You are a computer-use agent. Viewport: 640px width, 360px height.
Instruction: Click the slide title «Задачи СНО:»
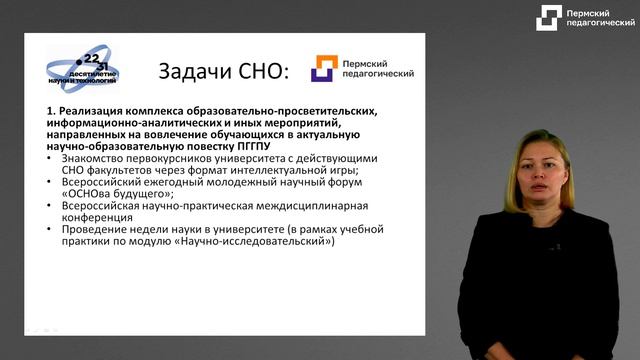[x=223, y=71]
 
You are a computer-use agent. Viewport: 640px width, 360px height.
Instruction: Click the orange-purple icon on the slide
[x=324, y=68]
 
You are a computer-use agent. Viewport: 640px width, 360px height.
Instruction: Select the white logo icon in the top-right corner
[x=548, y=18]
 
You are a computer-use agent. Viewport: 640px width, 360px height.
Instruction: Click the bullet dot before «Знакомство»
[x=50, y=157]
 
